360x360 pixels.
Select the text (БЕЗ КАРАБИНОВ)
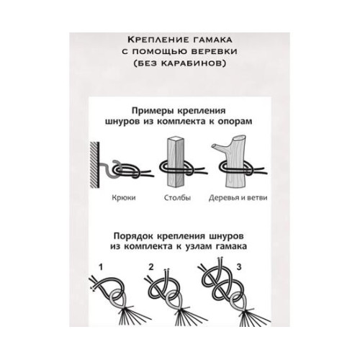[x=180, y=64]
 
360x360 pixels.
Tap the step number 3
[x=250, y=266]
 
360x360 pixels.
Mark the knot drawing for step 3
[x=226, y=292]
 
